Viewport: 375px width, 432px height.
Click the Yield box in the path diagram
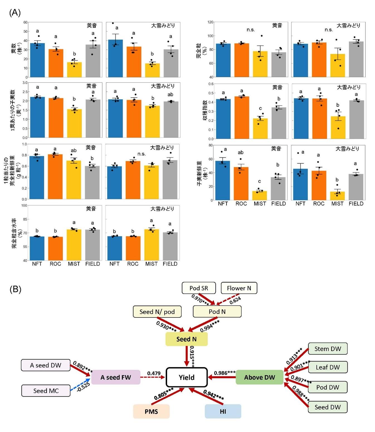(x=187, y=377)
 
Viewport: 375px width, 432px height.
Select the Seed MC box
(x=46, y=391)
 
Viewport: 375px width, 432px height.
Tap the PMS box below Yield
(x=151, y=411)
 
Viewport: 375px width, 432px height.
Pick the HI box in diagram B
(x=223, y=411)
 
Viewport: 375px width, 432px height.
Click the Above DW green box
(x=259, y=377)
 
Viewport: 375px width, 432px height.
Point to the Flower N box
(x=239, y=288)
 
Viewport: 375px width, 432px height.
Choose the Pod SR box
(x=199, y=288)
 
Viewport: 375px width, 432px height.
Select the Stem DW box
(x=328, y=349)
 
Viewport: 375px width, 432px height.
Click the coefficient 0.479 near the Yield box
(x=154, y=373)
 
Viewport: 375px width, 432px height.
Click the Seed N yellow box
(x=186, y=339)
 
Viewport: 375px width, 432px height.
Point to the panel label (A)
(x=15, y=13)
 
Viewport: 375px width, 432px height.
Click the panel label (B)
(x=15, y=289)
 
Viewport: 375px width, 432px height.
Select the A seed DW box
(x=46, y=365)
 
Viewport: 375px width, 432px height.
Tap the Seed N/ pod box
(x=157, y=312)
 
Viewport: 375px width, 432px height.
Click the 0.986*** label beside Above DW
(x=225, y=373)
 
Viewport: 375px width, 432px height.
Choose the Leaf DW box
(x=328, y=367)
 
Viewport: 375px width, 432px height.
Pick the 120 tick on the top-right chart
(x=210, y=22)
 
